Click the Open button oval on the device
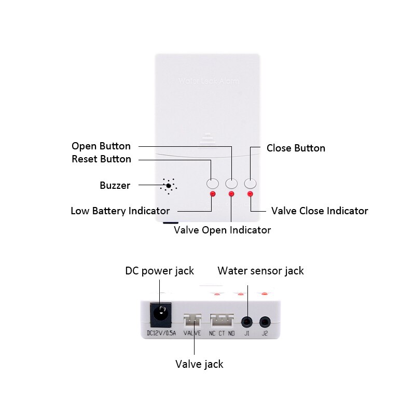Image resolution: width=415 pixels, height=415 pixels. tap(231, 183)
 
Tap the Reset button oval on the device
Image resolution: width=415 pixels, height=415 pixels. tap(212, 183)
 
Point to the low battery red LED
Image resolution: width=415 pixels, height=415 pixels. tap(212, 194)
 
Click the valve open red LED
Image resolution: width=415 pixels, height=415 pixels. tap(231, 194)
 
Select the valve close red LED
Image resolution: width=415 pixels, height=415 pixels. tap(251, 194)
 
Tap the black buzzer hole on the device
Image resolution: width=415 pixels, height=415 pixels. tap(169, 186)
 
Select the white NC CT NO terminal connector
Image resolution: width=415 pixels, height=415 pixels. tap(223, 319)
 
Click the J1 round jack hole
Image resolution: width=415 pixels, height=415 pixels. tap(247, 322)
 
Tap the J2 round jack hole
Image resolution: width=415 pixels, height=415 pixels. tap(265, 322)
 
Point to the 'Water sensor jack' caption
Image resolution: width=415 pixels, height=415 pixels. tap(260, 270)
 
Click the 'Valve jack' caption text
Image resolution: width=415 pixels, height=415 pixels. tap(199, 364)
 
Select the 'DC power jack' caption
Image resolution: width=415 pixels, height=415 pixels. tap(159, 270)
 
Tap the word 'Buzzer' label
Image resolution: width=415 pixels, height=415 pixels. tap(115, 185)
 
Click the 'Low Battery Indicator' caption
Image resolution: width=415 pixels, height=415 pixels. tap(120, 211)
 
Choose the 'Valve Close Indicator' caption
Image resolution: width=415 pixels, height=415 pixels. tap(320, 211)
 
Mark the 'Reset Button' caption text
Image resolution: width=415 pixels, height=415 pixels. tap(101, 159)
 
